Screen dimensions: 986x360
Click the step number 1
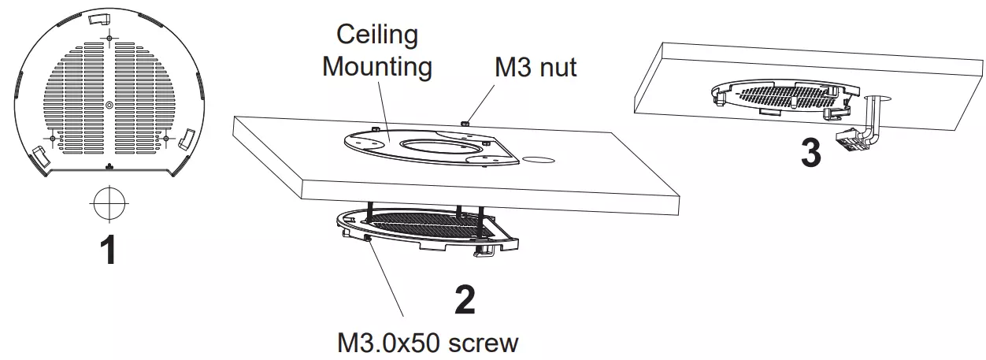pos(109,250)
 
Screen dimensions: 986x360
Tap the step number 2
pos(465,299)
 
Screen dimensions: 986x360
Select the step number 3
pos(811,153)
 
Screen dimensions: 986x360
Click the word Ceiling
pos(377,35)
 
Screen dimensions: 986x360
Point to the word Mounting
pos(377,67)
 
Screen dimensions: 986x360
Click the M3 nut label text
pos(536,67)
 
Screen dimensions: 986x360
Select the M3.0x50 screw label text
pos(428,343)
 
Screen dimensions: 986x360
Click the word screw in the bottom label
pos(483,344)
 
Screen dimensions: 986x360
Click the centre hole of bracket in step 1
pos(109,105)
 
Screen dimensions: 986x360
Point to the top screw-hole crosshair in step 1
pos(109,39)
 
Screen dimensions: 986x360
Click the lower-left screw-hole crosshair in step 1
pos(53,139)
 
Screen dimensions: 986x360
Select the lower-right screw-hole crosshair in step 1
pos(166,139)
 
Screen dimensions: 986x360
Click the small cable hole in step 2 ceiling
pos(538,160)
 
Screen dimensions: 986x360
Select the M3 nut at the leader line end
pos(464,122)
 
